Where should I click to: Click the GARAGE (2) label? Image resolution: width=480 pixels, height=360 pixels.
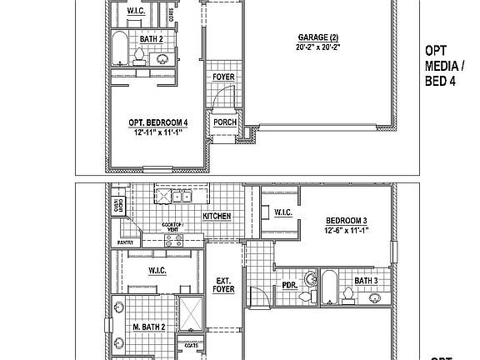pos(321,37)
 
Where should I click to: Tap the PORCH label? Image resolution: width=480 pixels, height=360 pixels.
pos(224,122)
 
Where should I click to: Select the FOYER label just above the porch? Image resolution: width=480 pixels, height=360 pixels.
pos(223,77)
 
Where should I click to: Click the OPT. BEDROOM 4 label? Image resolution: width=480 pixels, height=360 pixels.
pos(158,123)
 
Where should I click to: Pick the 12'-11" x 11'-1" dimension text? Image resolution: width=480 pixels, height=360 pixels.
pos(158,132)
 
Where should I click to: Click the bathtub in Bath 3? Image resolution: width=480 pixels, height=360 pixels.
pos(328,286)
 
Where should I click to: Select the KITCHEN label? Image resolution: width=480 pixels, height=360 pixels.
pos(216,216)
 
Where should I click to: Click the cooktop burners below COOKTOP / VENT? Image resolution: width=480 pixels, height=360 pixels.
pos(173,240)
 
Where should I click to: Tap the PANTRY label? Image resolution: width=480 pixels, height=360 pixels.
pos(125,242)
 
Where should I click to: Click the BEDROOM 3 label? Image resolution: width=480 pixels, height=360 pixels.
pos(346,222)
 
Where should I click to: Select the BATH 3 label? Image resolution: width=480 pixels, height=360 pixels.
pos(366,281)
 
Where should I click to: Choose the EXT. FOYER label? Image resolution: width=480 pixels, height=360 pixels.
pos(223,285)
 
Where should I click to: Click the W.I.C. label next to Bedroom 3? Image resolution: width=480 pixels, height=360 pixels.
pos(282,213)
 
